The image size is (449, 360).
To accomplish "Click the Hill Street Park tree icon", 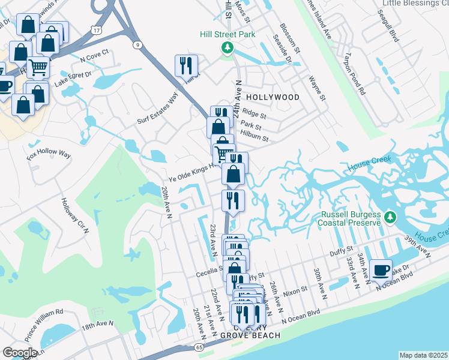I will click(x=227, y=47).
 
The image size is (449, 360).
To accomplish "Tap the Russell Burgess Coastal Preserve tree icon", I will click(x=390, y=217).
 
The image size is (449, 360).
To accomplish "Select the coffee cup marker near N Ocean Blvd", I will click(x=381, y=271).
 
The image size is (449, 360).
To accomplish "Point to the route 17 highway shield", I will click(x=97, y=29).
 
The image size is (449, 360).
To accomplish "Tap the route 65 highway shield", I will click(x=199, y=347).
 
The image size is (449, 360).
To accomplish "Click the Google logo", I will click(x=20, y=353).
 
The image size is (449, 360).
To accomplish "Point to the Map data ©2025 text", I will click(x=423, y=355).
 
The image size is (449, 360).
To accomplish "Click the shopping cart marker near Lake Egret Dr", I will click(x=38, y=67).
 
